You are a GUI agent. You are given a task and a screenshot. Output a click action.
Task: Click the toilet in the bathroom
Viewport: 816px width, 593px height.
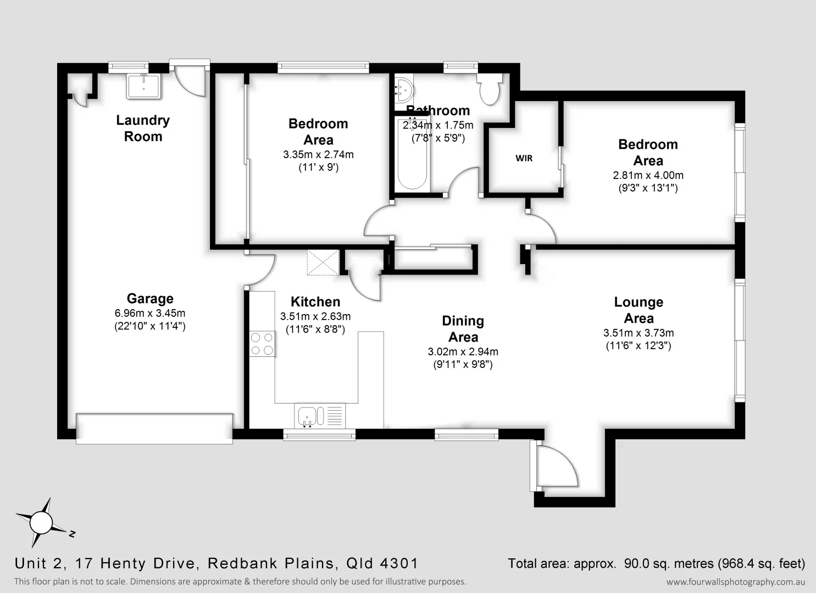[x=489, y=90]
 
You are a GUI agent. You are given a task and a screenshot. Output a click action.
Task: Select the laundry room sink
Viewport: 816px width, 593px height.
[x=144, y=87]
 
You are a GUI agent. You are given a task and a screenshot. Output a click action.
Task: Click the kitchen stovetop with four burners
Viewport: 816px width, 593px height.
[x=262, y=344]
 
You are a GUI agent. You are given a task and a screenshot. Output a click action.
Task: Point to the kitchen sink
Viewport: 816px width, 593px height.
[x=307, y=416]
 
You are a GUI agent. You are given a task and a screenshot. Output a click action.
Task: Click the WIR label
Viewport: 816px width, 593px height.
[x=524, y=158]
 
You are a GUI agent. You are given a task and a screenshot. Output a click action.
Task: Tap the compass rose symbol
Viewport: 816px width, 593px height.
[x=40, y=522]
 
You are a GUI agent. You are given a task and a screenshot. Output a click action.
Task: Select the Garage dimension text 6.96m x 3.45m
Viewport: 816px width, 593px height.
[x=149, y=314]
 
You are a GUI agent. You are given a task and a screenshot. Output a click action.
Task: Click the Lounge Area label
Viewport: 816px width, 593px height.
[x=639, y=310]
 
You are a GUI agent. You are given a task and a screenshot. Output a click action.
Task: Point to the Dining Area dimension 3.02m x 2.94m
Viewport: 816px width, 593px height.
[x=463, y=352]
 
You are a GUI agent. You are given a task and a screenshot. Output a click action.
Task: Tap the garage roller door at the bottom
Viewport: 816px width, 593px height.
[x=154, y=428]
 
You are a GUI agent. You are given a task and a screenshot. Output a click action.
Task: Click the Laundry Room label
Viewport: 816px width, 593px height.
[x=143, y=128]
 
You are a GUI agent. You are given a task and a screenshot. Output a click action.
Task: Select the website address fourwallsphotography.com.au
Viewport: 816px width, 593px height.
[x=735, y=582]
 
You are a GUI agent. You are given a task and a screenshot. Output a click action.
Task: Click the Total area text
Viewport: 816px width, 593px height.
[x=656, y=563]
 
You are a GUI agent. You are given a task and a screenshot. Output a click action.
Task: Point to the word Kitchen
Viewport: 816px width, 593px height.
[x=315, y=302]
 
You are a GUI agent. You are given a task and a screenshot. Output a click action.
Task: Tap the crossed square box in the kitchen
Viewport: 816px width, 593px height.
[x=323, y=262]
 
